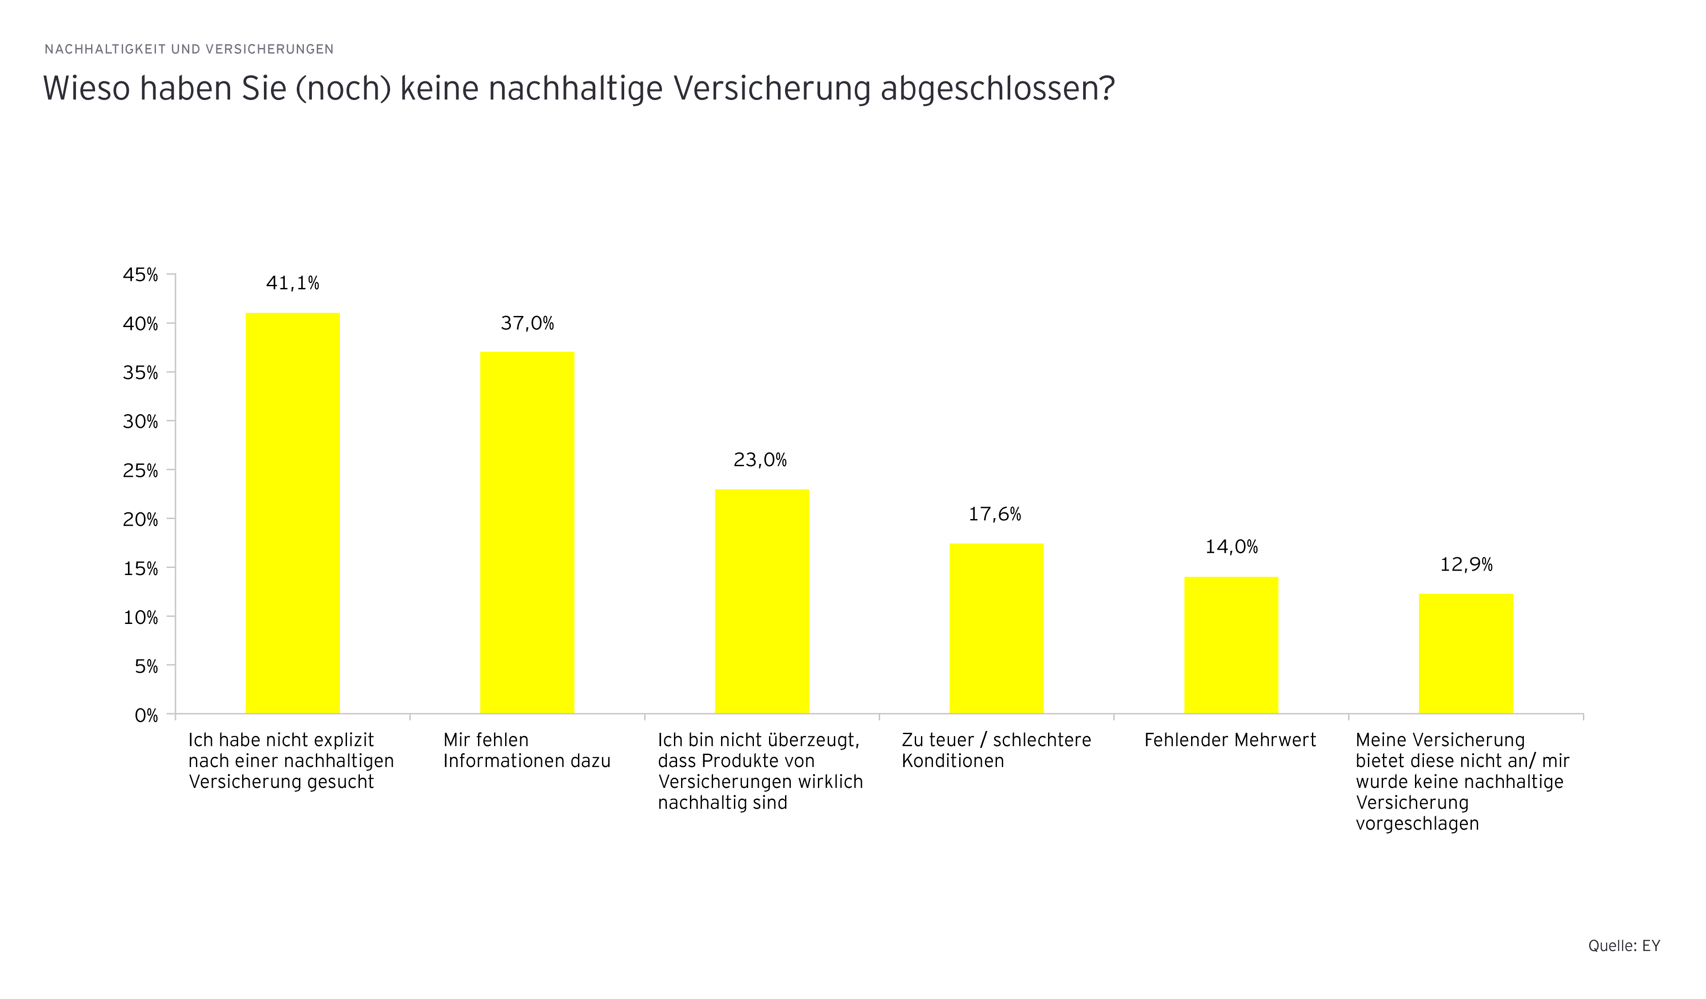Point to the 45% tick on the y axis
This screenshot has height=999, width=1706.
point(140,275)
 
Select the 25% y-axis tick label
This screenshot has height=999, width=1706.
point(140,471)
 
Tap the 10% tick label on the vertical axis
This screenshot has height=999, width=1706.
point(140,618)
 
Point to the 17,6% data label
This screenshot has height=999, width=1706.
point(994,515)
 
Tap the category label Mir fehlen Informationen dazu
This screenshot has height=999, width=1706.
point(527,751)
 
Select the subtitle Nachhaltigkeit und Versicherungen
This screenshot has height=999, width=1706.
point(189,49)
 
